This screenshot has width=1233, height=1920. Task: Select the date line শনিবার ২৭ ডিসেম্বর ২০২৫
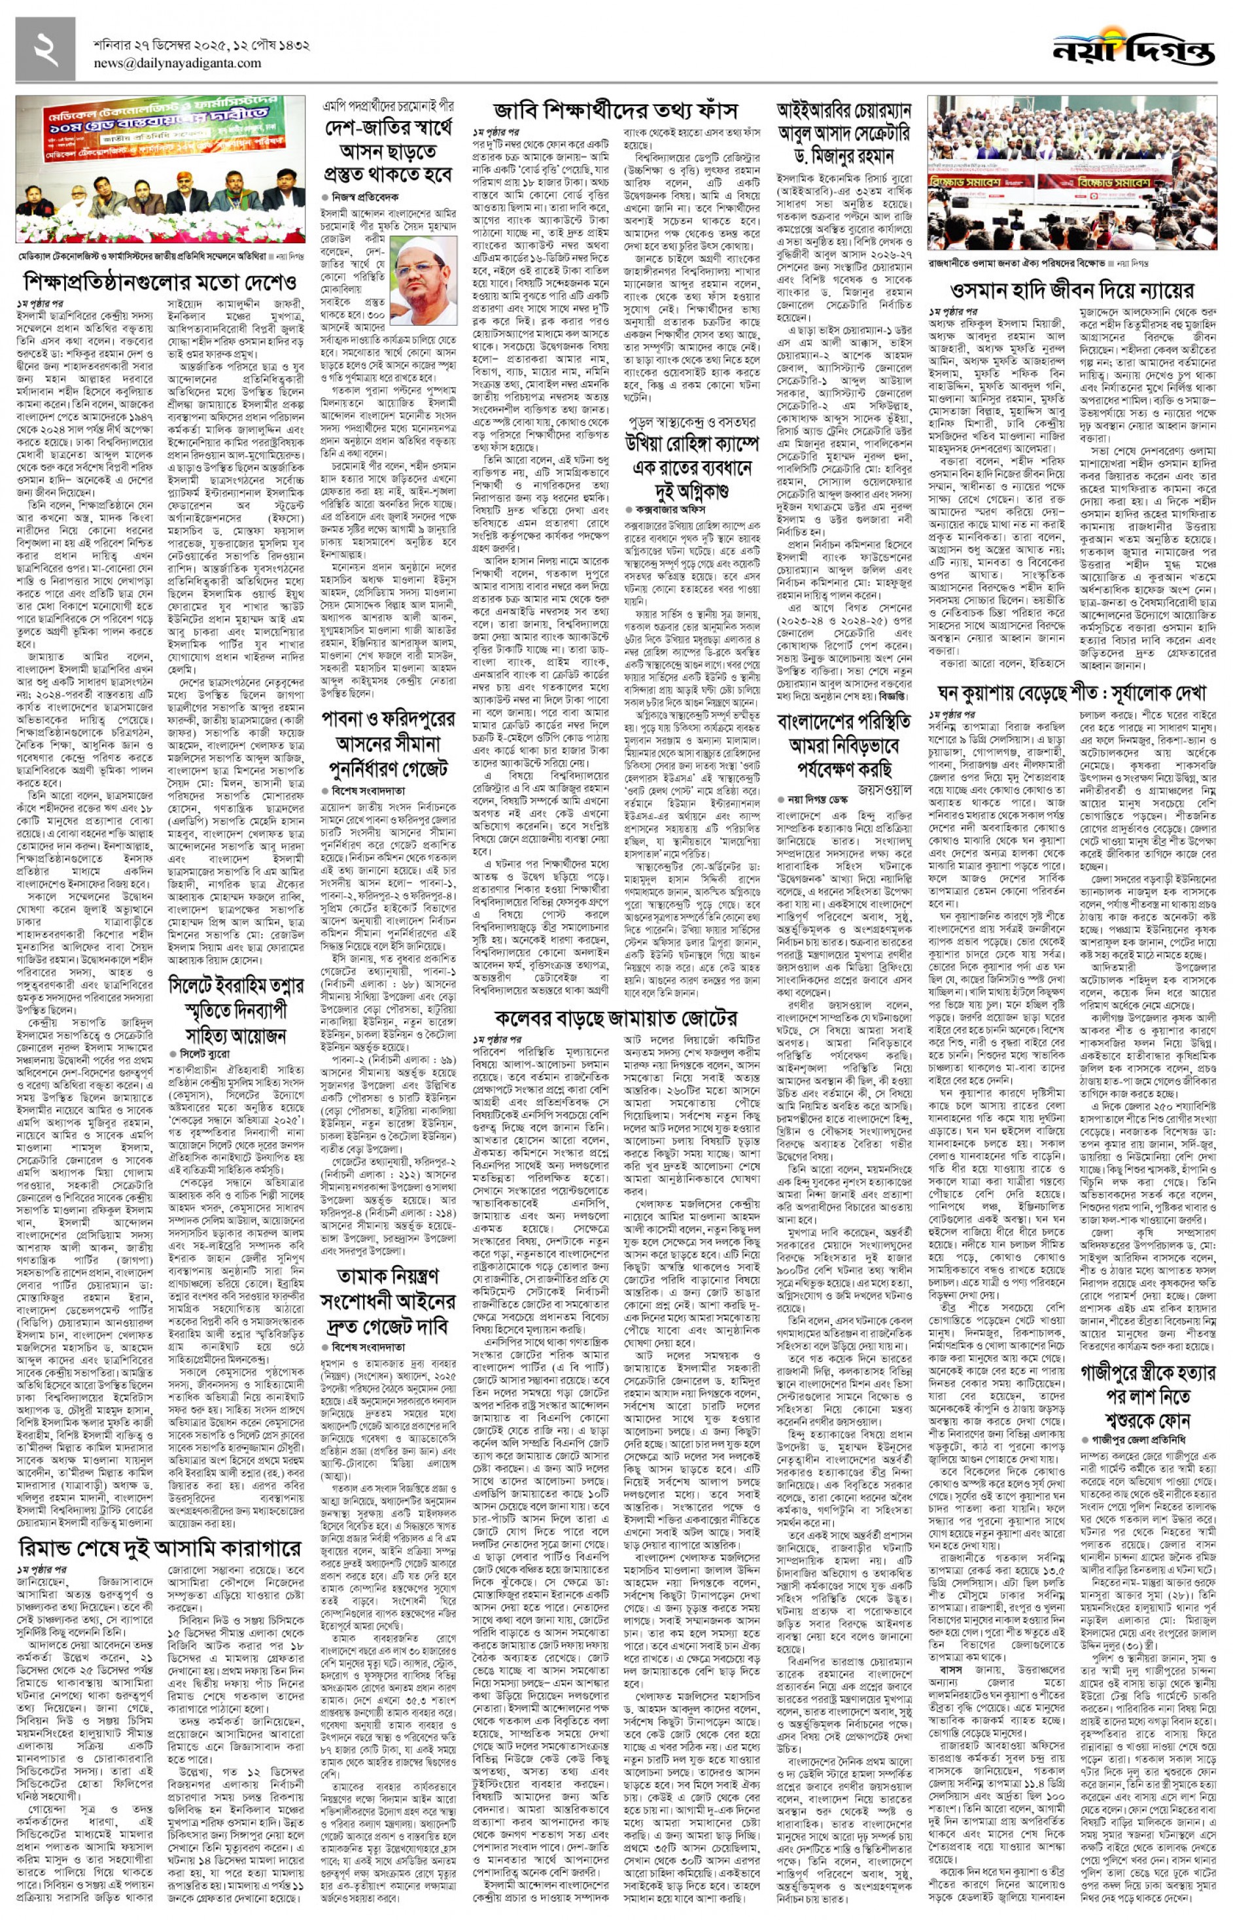(201, 45)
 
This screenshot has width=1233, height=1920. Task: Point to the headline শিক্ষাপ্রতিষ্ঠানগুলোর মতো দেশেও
(160, 282)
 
